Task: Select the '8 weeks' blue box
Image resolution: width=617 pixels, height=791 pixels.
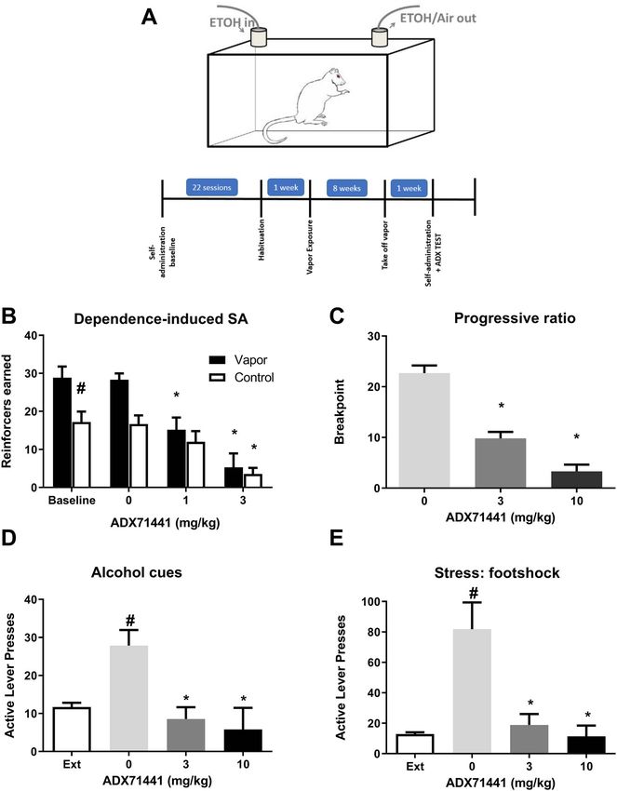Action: click(340, 185)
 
